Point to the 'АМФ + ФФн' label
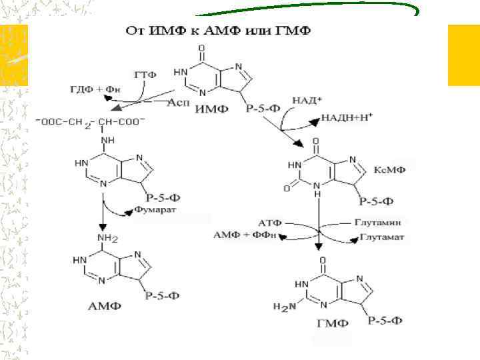click(246, 235)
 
